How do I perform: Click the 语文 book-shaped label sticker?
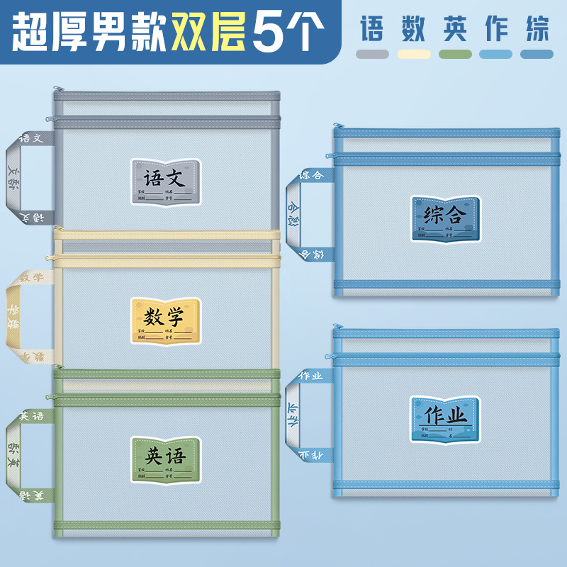[166, 182]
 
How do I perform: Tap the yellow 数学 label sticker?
[166, 321]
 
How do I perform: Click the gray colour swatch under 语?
[372, 54]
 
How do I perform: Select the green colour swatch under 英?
[455, 54]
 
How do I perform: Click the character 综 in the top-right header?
[537, 29]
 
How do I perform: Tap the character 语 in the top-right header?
[372, 29]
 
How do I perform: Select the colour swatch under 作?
[496, 54]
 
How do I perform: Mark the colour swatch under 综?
[537, 54]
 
